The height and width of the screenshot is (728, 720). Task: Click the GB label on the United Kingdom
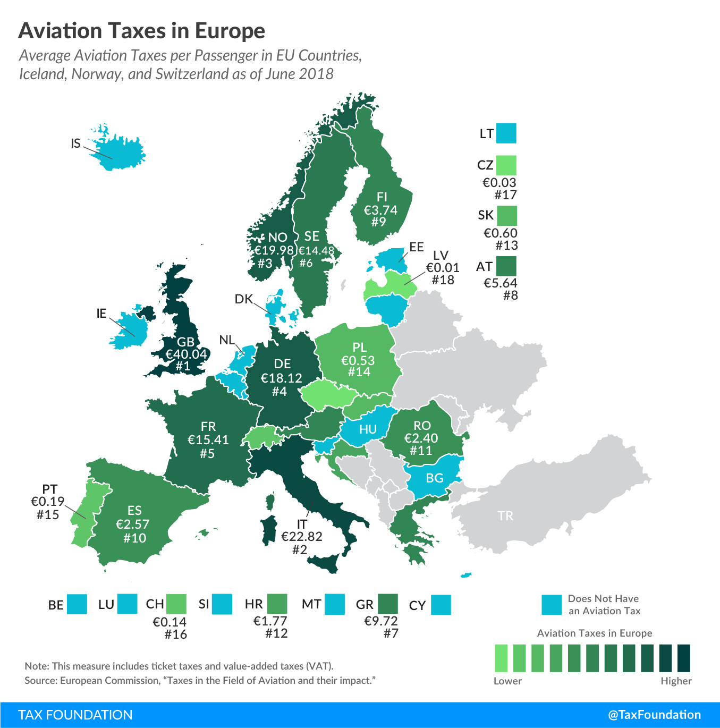[x=185, y=342]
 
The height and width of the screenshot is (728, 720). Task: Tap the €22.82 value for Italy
[x=301, y=537]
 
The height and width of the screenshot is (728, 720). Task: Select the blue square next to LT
[x=506, y=133]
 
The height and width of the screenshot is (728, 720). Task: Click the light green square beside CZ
[x=506, y=165]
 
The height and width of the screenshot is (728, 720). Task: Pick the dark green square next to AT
[x=506, y=266]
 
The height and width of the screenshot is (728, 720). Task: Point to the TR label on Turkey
[x=505, y=516]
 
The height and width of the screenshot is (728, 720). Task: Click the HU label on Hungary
[x=368, y=429]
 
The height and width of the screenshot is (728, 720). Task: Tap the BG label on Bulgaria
[x=435, y=478]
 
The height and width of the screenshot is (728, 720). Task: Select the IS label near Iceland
[x=76, y=143]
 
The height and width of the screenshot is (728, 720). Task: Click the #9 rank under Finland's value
[x=379, y=222]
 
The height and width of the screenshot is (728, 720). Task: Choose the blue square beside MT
[x=335, y=604]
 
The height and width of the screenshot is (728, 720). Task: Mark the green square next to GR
[x=388, y=604]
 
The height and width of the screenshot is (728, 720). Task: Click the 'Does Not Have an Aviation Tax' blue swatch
[x=552, y=605]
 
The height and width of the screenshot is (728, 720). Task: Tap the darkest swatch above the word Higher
[x=684, y=658]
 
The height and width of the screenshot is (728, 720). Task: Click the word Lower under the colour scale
[x=507, y=681]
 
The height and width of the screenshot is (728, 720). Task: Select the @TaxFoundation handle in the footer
[x=654, y=715]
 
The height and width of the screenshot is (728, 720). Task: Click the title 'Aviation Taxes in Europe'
[x=142, y=31]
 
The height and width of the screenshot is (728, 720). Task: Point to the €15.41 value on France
[x=208, y=440]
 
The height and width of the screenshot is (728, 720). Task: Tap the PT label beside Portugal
[x=49, y=489]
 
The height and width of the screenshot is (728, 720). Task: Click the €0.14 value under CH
[x=170, y=622]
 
